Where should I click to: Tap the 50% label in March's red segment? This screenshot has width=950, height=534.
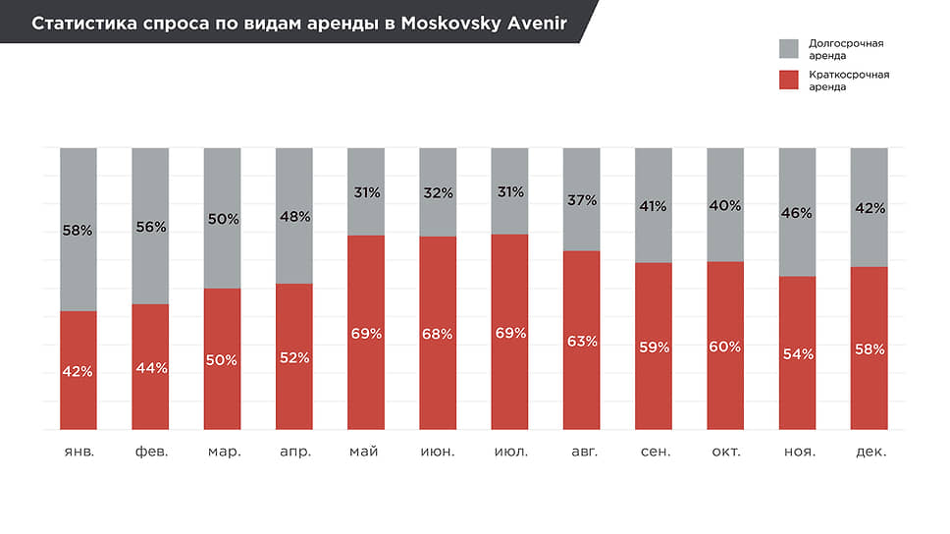[x=222, y=360]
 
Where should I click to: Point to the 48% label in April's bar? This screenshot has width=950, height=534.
[x=294, y=216]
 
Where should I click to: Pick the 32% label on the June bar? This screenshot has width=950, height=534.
[x=438, y=193]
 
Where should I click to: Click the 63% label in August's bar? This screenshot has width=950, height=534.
[x=582, y=342]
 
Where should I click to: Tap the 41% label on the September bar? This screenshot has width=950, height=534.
[x=654, y=206]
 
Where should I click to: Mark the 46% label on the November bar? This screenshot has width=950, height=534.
[x=798, y=211]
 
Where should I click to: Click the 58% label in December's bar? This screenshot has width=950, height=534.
[x=870, y=348]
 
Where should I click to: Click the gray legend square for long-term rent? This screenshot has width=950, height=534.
[x=789, y=49]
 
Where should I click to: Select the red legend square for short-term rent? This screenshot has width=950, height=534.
[x=789, y=80]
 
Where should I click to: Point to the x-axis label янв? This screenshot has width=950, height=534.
[x=79, y=452]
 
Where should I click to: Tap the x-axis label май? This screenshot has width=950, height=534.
[x=366, y=452]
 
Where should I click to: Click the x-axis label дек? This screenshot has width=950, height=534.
[x=870, y=452]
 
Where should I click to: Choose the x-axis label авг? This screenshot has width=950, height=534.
[x=582, y=452]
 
